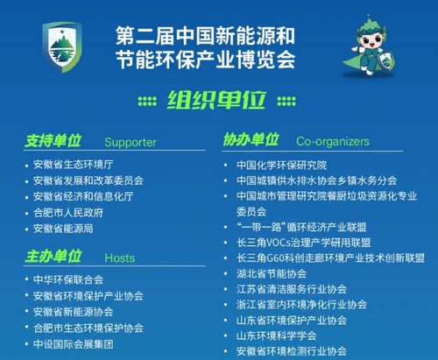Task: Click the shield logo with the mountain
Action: (62, 47)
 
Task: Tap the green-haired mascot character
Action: (369, 46)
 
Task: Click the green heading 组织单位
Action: (216, 101)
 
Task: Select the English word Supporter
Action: (131, 142)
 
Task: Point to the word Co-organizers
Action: (333, 141)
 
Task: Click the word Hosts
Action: (120, 258)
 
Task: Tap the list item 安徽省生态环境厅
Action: (74, 165)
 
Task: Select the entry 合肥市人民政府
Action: (68, 213)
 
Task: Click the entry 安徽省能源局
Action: (63, 229)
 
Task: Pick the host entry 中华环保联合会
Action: (68, 279)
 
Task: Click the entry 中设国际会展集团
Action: (74, 344)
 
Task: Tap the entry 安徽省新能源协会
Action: (74, 312)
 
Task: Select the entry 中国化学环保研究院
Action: (282, 166)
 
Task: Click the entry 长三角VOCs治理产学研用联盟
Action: (304, 243)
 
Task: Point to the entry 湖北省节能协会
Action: (272, 273)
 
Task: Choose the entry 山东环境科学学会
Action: (277, 335)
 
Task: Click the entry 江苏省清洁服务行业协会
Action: (292, 289)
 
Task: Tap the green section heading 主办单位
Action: (53, 257)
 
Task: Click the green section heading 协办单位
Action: (251, 139)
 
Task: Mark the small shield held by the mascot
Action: (386, 60)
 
